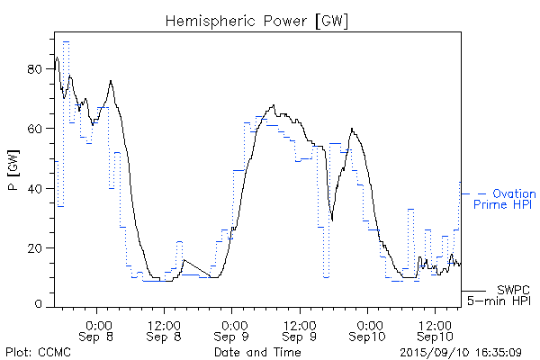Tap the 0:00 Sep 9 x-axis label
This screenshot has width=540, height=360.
pos(232,328)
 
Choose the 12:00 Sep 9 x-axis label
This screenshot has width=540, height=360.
pos(300,328)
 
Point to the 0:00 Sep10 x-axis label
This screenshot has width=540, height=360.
pos(367,328)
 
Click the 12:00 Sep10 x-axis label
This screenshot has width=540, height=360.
pos(435,328)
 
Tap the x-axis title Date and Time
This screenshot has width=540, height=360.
pos(257,352)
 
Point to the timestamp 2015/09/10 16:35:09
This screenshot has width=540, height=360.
pos(459,352)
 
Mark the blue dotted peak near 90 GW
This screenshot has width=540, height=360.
pos(66,41)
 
